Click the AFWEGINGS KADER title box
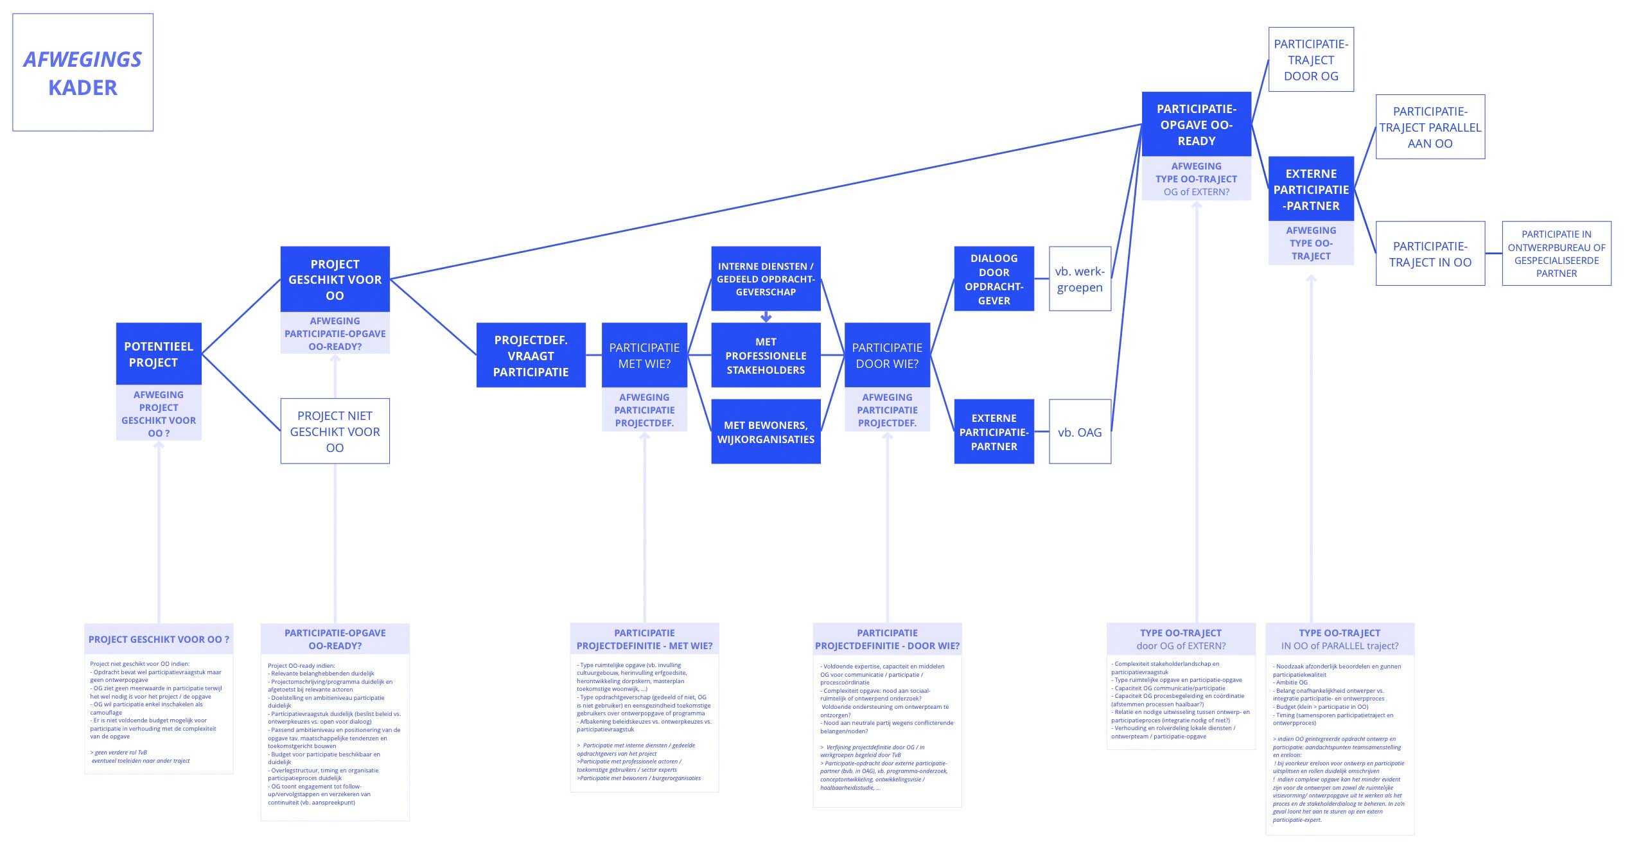point(83,73)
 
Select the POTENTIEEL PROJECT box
point(159,354)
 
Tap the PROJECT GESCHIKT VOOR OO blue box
point(335,279)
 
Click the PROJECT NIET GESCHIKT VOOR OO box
point(335,431)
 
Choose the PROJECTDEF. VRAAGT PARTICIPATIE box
point(531,355)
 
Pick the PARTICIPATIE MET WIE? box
point(644,355)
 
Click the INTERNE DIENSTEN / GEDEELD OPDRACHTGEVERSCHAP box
point(766,279)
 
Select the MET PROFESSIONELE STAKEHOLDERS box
point(766,355)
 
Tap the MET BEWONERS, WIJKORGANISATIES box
point(766,431)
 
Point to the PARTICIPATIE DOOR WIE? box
point(887,355)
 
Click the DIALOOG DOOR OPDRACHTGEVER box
point(994,279)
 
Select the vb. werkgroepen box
point(1080,279)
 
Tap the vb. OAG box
point(1080,432)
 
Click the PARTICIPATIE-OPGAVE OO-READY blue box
point(1196,124)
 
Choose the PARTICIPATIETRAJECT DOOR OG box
point(1311,60)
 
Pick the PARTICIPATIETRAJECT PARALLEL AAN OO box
point(1430,127)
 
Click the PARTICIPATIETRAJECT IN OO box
point(1430,254)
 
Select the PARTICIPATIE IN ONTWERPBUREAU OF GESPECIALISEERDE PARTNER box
point(1556,254)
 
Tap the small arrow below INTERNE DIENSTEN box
point(766,317)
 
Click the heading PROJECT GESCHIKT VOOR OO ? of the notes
point(159,640)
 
